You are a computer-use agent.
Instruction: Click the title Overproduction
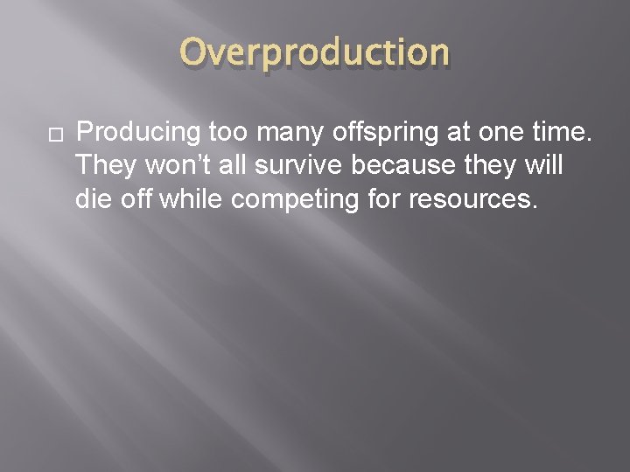click(315, 53)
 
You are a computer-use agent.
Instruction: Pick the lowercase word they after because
click(495, 166)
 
